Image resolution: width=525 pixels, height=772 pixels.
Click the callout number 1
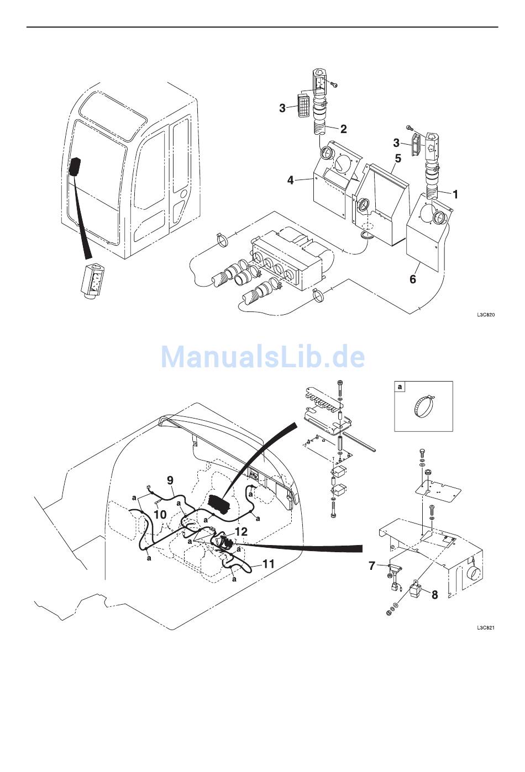(x=455, y=194)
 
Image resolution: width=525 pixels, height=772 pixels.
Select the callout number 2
(x=343, y=129)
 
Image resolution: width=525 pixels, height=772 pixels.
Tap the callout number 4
(x=291, y=180)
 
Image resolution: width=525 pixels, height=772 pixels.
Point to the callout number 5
(x=398, y=158)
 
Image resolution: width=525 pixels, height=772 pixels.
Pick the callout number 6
(x=413, y=279)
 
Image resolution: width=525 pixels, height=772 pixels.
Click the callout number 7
(x=371, y=565)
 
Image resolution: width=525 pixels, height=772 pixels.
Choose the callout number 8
(x=434, y=595)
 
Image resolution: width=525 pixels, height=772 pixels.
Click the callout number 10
(x=160, y=515)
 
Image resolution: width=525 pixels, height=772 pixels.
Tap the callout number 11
(x=269, y=564)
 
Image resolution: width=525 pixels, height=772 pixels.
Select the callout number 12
(x=241, y=532)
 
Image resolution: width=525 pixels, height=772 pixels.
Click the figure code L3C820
(x=486, y=315)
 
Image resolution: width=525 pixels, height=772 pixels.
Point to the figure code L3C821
(x=486, y=628)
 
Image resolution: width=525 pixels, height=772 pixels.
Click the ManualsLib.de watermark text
(x=263, y=357)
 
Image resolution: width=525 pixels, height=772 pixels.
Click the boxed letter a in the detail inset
(x=400, y=387)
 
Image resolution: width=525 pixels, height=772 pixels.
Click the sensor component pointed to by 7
(x=393, y=578)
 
